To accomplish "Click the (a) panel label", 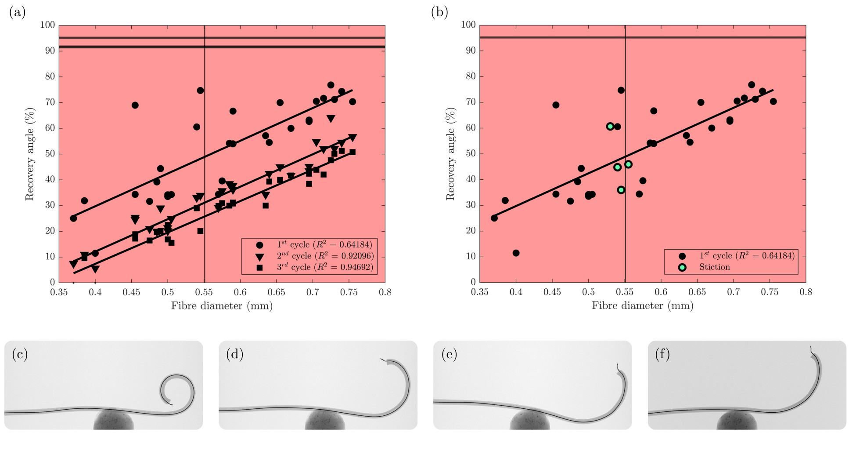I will (17, 13).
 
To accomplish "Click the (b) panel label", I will (439, 13).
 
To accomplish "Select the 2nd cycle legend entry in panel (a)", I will (325, 256).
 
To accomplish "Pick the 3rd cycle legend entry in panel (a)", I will (325, 267).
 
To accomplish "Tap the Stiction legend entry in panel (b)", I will (714, 267).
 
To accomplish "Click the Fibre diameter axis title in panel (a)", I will (222, 306).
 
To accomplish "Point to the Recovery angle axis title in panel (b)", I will (450, 154).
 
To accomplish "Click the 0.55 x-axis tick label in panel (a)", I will (204, 292).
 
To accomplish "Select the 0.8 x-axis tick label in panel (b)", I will (806, 292).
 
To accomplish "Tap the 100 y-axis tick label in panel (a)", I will (47, 25).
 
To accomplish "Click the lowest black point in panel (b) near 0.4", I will (516, 253).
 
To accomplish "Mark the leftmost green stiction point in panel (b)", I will (610, 127).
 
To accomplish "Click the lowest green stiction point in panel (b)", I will (621, 190).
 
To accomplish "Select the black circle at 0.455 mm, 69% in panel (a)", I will (135, 105).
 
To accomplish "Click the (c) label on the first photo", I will (20, 354).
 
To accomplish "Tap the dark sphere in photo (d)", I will (325, 421).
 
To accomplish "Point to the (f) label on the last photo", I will (662, 354).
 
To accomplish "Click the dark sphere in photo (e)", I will (529, 421).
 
